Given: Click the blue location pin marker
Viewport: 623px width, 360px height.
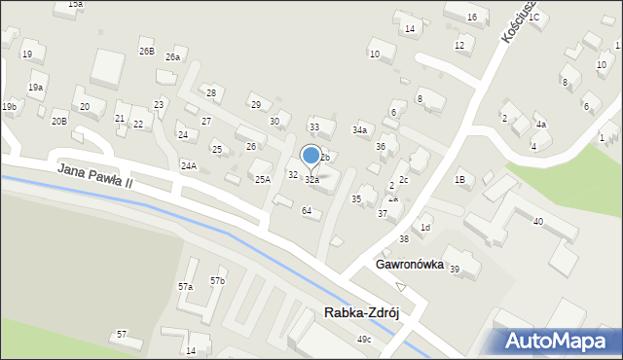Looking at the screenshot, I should point(311,156).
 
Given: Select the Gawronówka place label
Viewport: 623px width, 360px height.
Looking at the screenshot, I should point(409,265).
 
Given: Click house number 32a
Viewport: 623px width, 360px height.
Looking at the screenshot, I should point(311,180).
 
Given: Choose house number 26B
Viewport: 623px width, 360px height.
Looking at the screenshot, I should point(146,51).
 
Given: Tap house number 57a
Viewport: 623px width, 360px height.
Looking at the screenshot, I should point(185,286).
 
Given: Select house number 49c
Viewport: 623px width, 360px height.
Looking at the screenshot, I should point(363,339).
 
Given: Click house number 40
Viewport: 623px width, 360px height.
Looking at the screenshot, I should point(537,221).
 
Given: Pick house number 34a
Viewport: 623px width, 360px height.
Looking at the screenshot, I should point(360,129).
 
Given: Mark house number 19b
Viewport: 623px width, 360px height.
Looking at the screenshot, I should point(9,106).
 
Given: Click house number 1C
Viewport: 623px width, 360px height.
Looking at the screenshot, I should point(533,18).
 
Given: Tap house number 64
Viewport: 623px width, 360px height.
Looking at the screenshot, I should point(307,211).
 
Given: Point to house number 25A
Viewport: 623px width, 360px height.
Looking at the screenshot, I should point(262,179).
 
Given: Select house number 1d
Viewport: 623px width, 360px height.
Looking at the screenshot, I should point(424,228).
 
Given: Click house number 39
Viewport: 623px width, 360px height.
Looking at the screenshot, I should point(454,269).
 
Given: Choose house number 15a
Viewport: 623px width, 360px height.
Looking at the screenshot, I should point(75,5).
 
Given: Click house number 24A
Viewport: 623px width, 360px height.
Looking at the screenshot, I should point(188,165).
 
